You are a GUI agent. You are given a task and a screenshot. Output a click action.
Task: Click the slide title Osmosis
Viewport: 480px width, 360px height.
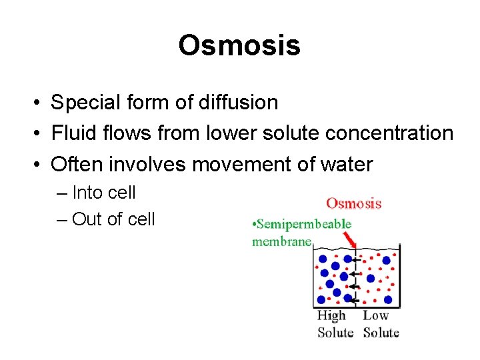click(x=239, y=46)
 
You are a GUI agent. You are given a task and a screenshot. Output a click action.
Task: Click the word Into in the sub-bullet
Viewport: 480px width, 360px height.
click(x=87, y=193)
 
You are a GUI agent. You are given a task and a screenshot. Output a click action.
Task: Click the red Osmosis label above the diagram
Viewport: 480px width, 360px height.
click(x=353, y=203)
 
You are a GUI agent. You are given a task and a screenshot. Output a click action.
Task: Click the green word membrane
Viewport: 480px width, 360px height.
click(x=281, y=241)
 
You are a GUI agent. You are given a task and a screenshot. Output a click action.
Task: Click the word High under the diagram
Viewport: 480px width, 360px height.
click(x=331, y=316)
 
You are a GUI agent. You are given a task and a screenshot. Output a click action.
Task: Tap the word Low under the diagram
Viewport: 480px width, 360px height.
click(x=375, y=316)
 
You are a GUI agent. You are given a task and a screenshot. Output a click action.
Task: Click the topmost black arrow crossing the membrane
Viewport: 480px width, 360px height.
click(x=356, y=260)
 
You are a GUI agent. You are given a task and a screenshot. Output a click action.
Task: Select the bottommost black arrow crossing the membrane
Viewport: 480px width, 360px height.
click(x=355, y=301)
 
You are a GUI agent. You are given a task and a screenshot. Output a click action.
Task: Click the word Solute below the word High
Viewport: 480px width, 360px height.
click(x=335, y=332)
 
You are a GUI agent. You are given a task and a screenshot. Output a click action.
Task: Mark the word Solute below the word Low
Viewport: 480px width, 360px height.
click(x=381, y=332)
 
